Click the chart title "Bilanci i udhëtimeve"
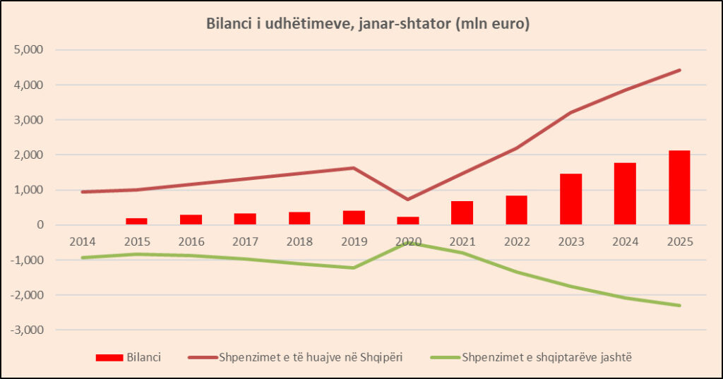click(368, 24)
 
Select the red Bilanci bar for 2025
click(679, 188)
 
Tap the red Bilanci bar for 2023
click(570, 199)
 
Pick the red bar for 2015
click(137, 222)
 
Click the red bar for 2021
click(462, 213)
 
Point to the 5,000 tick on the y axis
click(28, 50)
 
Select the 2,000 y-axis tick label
click(28, 155)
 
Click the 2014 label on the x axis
click(83, 241)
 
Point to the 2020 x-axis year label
click(408, 241)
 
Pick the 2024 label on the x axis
click(625, 241)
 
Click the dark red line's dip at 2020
click(408, 199)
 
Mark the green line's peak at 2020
click(408, 243)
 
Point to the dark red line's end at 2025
click(679, 70)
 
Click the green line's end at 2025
click(679, 305)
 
